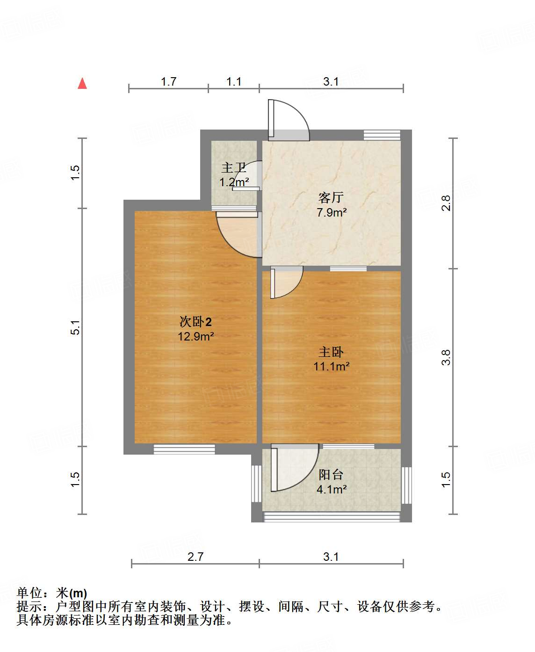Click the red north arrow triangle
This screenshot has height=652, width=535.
click(x=82, y=83)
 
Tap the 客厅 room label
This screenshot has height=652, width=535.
click(x=331, y=198)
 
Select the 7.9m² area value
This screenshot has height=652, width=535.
click(x=332, y=212)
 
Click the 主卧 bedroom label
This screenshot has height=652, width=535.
click(x=331, y=352)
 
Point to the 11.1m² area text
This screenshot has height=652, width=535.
click(x=331, y=366)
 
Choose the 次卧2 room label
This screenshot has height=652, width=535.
click(x=195, y=322)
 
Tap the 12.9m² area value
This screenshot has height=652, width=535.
click(x=195, y=336)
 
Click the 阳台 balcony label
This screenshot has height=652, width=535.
click(x=331, y=475)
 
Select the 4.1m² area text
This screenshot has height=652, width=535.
click(x=332, y=490)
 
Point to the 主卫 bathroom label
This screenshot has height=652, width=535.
click(x=233, y=167)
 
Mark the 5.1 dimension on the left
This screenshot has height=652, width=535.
click(x=76, y=327)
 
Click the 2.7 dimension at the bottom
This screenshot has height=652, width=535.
click(x=195, y=557)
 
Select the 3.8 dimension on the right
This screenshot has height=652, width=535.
click(x=446, y=358)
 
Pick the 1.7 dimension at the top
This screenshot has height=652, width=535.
click(x=168, y=81)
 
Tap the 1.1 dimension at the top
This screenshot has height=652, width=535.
click(x=234, y=81)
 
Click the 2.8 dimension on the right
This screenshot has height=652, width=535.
click(x=446, y=203)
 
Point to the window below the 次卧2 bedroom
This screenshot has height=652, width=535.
click(x=184, y=449)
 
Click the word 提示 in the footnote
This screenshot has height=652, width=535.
click(x=29, y=607)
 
